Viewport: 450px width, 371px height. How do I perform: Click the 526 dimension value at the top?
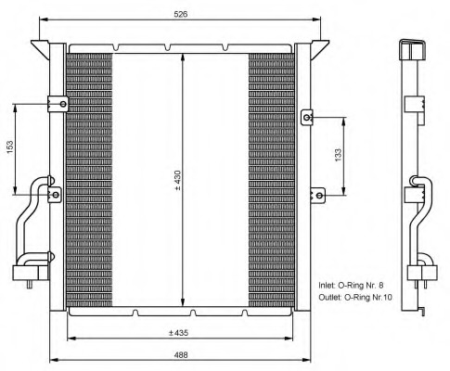(180, 14)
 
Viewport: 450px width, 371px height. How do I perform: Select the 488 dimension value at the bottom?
(180, 354)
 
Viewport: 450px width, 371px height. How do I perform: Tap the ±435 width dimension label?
(178, 333)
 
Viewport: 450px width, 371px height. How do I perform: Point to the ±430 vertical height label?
(177, 180)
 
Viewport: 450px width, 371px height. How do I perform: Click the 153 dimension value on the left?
(10, 147)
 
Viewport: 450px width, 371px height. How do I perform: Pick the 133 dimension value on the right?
(338, 155)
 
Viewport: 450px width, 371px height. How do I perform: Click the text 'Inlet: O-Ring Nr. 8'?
(351, 285)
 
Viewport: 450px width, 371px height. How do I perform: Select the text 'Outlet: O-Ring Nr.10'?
(355, 298)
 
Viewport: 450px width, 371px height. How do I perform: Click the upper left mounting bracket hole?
(63, 104)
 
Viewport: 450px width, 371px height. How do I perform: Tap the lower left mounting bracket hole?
(56, 195)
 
